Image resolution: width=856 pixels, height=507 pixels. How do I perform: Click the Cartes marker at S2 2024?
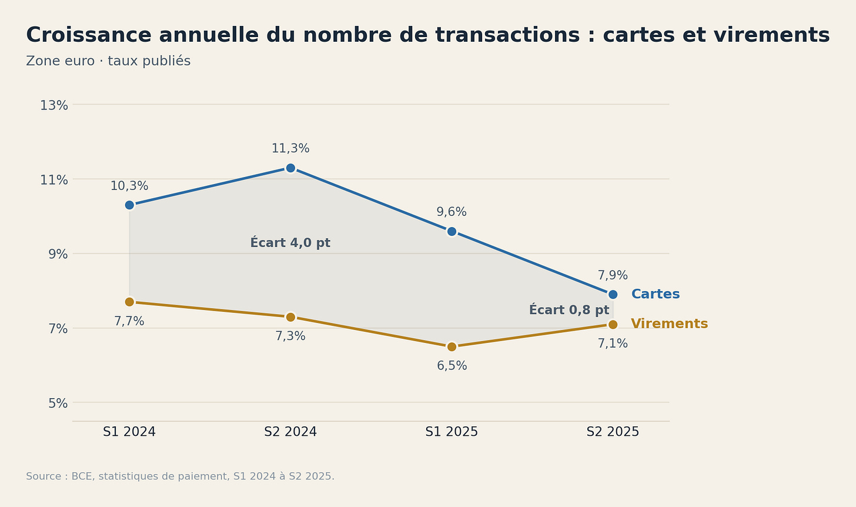coord(290,168)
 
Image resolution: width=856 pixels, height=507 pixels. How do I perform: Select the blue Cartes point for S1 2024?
coord(129,205)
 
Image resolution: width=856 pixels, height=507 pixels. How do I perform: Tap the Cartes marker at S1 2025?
coord(452,231)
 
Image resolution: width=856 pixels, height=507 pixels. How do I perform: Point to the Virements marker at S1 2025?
coord(452,347)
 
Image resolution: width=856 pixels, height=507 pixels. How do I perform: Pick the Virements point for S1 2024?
coord(129,302)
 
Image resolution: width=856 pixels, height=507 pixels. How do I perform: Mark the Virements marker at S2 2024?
coord(290,317)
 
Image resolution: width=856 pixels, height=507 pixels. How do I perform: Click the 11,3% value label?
coord(290,148)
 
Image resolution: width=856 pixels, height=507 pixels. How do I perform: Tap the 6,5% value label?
coord(452,366)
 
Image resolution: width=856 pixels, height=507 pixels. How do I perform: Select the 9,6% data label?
coord(452,212)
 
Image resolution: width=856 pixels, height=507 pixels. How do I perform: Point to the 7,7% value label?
coord(129,321)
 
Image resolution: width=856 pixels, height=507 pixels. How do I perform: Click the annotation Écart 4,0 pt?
coord(290,242)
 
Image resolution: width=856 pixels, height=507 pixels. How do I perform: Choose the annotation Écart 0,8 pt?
coord(569,309)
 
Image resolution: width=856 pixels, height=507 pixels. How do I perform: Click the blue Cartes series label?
coord(656,294)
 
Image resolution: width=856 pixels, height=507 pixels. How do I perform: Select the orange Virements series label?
coord(670,324)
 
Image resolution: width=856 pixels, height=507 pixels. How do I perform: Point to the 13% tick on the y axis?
coord(54,105)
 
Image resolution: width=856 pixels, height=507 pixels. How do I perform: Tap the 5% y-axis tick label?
coord(58,403)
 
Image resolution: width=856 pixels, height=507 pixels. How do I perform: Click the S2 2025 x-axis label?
coord(613,432)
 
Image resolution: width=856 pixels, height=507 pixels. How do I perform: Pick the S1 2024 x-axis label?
coord(129,432)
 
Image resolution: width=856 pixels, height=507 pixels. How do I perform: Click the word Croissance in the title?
coord(89,35)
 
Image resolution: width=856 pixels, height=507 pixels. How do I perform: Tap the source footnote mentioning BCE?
coord(180,476)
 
